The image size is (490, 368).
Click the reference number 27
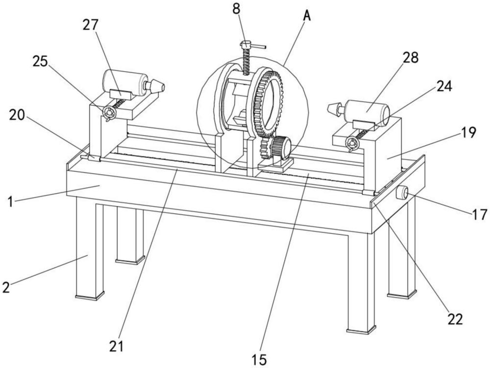point(90,25)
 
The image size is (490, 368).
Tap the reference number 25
point(40,62)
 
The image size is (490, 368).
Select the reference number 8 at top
point(236,9)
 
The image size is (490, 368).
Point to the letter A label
point(307,16)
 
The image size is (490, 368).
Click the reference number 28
point(411,58)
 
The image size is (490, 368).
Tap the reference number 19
point(468,132)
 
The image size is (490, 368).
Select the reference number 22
point(455,319)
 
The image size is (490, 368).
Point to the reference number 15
point(259,360)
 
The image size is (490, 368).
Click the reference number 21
point(117,346)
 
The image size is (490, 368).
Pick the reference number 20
point(17,115)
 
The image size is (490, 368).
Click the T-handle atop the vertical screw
point(252,46)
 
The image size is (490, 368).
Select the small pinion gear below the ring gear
point(266,147)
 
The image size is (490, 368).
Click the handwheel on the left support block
point(110,113)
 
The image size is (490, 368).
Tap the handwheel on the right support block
point(352,143)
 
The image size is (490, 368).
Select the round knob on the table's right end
point(402,192)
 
